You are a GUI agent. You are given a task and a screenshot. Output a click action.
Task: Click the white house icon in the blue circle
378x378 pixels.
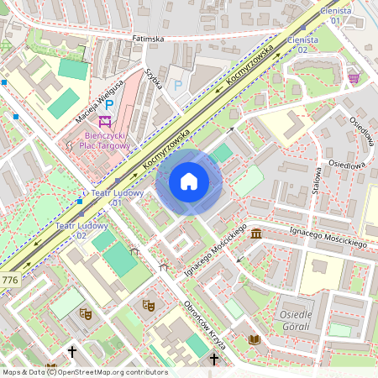[189, 181]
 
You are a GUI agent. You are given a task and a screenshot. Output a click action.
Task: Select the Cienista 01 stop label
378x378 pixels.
[336, 14]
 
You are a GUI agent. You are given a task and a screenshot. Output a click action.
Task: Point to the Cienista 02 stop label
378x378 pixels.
[303, 45]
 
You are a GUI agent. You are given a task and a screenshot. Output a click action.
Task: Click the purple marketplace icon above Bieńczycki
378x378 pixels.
[105, 120]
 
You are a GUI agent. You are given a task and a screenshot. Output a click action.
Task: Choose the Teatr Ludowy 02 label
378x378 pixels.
[71, 230]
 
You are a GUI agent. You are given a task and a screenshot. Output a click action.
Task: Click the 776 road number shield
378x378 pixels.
[10, 279]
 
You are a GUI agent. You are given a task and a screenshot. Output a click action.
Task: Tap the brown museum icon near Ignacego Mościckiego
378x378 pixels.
[255, 233]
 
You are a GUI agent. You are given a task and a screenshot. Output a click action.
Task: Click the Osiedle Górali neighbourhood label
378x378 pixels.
[294, 320]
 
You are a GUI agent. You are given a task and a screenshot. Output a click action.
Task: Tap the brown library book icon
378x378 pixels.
[254, 339]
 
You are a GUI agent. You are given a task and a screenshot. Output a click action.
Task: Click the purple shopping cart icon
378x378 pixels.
[354, 77]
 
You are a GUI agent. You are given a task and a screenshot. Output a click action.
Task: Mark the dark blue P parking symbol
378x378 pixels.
[109, 103]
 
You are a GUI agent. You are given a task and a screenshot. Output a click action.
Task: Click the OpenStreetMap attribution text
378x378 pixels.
[84, 372]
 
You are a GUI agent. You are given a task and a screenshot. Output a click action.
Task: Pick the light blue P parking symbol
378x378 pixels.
[177, 85]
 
